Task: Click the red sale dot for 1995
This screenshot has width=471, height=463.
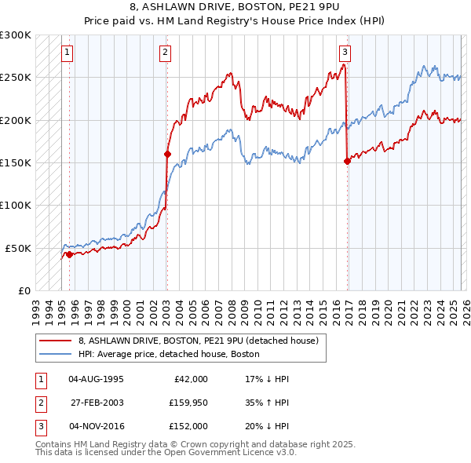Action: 70,254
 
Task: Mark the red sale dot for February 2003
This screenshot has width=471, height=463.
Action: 167,155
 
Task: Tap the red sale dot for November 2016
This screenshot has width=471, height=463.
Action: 346,161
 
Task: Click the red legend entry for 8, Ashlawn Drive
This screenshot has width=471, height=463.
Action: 198,341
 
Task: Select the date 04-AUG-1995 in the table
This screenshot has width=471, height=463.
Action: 96,378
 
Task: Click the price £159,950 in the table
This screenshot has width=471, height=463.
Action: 188,403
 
